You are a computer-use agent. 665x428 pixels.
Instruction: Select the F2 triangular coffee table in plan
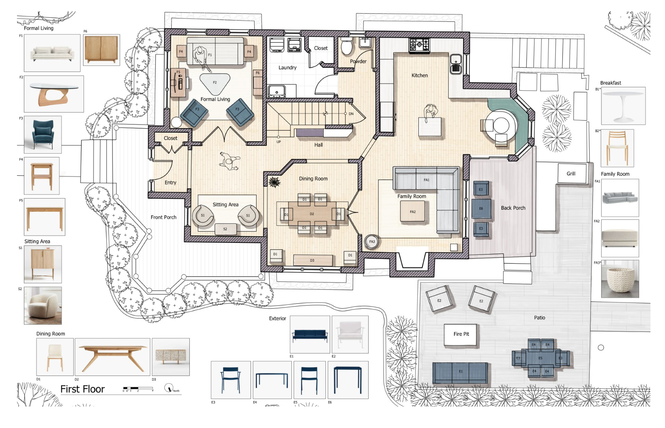coord(214,83)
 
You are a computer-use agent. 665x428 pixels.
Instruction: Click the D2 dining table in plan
coord(312,214)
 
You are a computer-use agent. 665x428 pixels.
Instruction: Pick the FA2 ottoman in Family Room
coord(413,212)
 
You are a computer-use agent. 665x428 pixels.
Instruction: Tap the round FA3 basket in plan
coord(372,242)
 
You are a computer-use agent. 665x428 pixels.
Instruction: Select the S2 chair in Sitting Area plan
coord(225,229)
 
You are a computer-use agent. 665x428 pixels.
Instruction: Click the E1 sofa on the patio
coord(460,372)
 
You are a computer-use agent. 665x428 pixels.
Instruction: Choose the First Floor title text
coord(82,389)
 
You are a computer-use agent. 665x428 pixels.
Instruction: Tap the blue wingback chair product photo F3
coord(43,134)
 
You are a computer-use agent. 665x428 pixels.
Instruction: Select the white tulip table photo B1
coord(623,106)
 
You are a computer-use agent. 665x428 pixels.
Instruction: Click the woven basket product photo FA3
coord(620,279)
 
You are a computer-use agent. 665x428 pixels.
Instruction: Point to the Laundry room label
coord(287,68)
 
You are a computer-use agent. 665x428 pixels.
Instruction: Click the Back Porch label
coord(513,208)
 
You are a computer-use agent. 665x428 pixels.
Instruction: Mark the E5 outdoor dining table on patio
coord(540,358)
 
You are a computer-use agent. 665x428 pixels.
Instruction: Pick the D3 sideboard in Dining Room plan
coord(313,260)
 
